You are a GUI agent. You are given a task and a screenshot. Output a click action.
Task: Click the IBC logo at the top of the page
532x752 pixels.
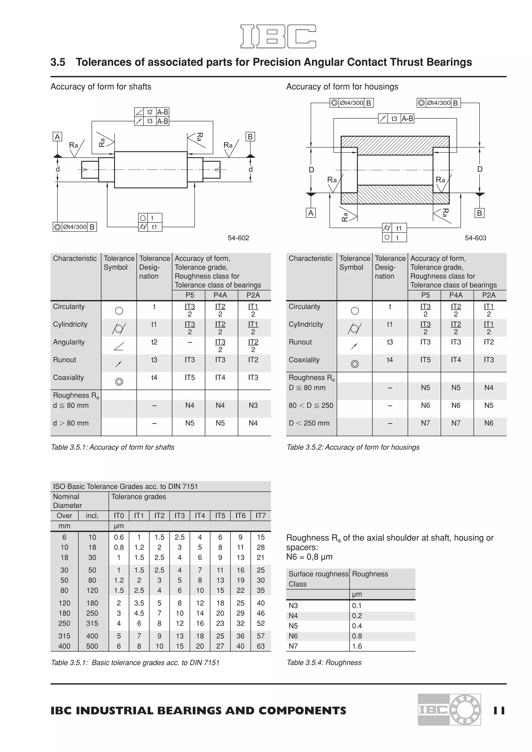pyautogui.click(x=278, y=36)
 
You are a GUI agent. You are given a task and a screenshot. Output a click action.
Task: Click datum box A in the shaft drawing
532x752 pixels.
pyautogui.click(x=57, y=137)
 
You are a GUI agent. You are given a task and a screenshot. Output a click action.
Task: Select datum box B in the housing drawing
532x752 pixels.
pyautogui.click(x=479, y=213)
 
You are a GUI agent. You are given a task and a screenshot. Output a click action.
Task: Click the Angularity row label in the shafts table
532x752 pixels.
pyautogui.click(x=69, y=342)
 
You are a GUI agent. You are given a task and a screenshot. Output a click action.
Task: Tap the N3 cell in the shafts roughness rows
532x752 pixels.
pyautogui.click(x=253, y=405)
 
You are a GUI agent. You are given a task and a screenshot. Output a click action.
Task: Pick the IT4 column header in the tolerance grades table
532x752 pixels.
pyautogui.click(x=200, y=516)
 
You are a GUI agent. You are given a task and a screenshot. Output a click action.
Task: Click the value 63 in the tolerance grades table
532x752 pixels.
pyautogui.click(x=261, y=646)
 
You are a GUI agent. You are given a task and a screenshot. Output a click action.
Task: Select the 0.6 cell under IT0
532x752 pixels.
pyautogui.click(x=119, y=537)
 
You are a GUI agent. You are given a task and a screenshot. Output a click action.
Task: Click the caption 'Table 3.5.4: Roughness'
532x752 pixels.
pyautogui.click(x=324, y=663)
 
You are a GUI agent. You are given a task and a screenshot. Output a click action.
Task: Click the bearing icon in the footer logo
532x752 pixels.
pyautogui.click(x=465, y=709)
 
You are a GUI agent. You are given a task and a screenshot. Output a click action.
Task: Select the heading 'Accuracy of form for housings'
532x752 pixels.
pyautogui.click(x=342, y=87)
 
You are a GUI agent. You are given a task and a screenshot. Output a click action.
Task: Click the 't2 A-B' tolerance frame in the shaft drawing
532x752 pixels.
pyautogui.click(x=152, y=112)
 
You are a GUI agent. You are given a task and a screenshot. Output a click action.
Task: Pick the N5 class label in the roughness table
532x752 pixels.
pyautogui.click(x=293, y=626)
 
